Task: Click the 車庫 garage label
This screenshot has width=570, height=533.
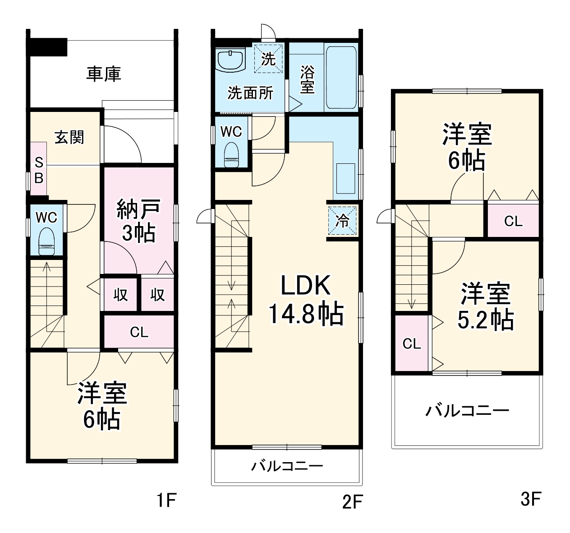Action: [104, 74]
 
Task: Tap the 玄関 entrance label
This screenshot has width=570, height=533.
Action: [69, 137]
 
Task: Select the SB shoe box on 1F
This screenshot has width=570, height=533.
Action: [39, 170]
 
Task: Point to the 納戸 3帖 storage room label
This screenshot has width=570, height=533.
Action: [138, 221]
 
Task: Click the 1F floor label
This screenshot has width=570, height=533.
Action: [166, 500]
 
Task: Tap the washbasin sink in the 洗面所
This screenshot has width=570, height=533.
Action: [230, 60]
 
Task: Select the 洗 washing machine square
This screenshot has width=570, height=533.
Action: [268, 58]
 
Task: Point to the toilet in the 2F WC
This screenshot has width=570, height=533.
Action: [231, 153]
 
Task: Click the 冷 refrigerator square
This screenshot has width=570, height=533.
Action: [342, 220]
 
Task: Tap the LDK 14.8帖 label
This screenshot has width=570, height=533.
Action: [306, 300]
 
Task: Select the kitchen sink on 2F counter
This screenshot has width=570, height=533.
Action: [346, 178]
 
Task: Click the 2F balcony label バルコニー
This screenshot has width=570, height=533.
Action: [287, 466]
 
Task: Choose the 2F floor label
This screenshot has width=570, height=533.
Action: [352, 501]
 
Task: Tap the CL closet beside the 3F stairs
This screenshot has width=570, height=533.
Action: [411, 343]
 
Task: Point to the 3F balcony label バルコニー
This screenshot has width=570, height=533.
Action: [467, 411]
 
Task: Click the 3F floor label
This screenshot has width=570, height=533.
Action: [530, 499]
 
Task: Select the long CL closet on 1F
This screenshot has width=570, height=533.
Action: [139, 332]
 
